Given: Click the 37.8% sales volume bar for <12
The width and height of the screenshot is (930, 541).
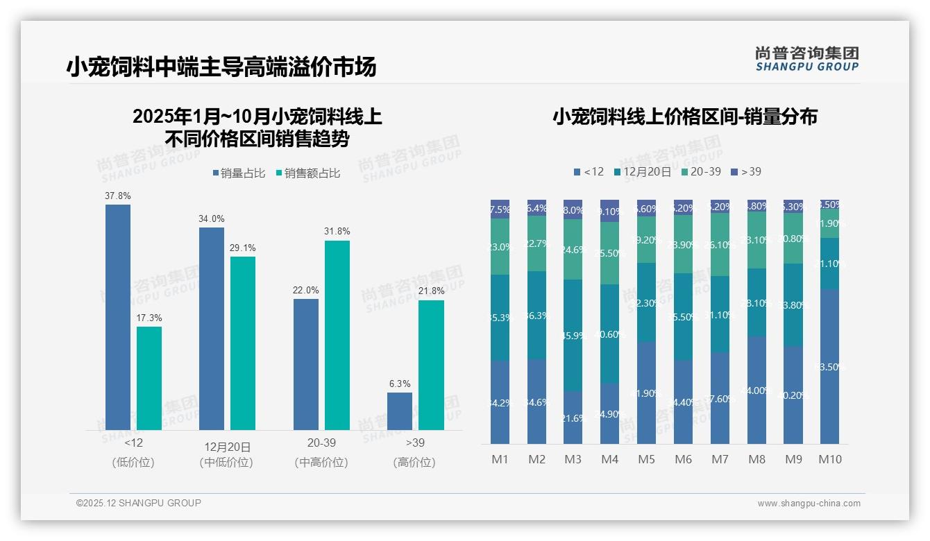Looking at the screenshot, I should pos(118,317).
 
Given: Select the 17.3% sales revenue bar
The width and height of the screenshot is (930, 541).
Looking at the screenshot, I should pos(149,378).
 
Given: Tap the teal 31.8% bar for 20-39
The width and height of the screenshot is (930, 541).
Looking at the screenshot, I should pos(337,335).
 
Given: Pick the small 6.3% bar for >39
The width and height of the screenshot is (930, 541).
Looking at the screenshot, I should pos(400,411).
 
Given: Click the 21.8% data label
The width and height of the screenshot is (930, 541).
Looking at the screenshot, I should pos(431,290).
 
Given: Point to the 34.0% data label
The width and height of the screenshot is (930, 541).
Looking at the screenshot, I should pos(212,218).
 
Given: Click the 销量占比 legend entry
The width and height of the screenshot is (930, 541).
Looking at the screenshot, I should pos(238,173).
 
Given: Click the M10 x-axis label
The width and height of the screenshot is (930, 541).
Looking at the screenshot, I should pos(830,459).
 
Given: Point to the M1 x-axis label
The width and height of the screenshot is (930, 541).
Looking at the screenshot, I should pos(500,459).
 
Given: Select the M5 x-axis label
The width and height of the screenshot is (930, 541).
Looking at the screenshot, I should pos(646,459).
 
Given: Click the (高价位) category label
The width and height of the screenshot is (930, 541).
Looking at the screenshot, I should pos(414,463).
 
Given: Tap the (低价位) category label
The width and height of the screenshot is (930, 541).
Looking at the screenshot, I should pos(133,463).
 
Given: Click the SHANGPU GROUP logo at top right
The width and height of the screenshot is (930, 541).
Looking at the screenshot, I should pos(806,59).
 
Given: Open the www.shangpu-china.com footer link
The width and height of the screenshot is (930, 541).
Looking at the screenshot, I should pos(809,504).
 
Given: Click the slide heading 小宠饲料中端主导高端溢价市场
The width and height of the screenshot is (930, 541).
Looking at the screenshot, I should pos(221,67).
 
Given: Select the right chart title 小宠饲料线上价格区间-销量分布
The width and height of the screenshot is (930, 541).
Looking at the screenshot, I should pos(684,117).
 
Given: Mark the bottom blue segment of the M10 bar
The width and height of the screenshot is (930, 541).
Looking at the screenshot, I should pos(830,366).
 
